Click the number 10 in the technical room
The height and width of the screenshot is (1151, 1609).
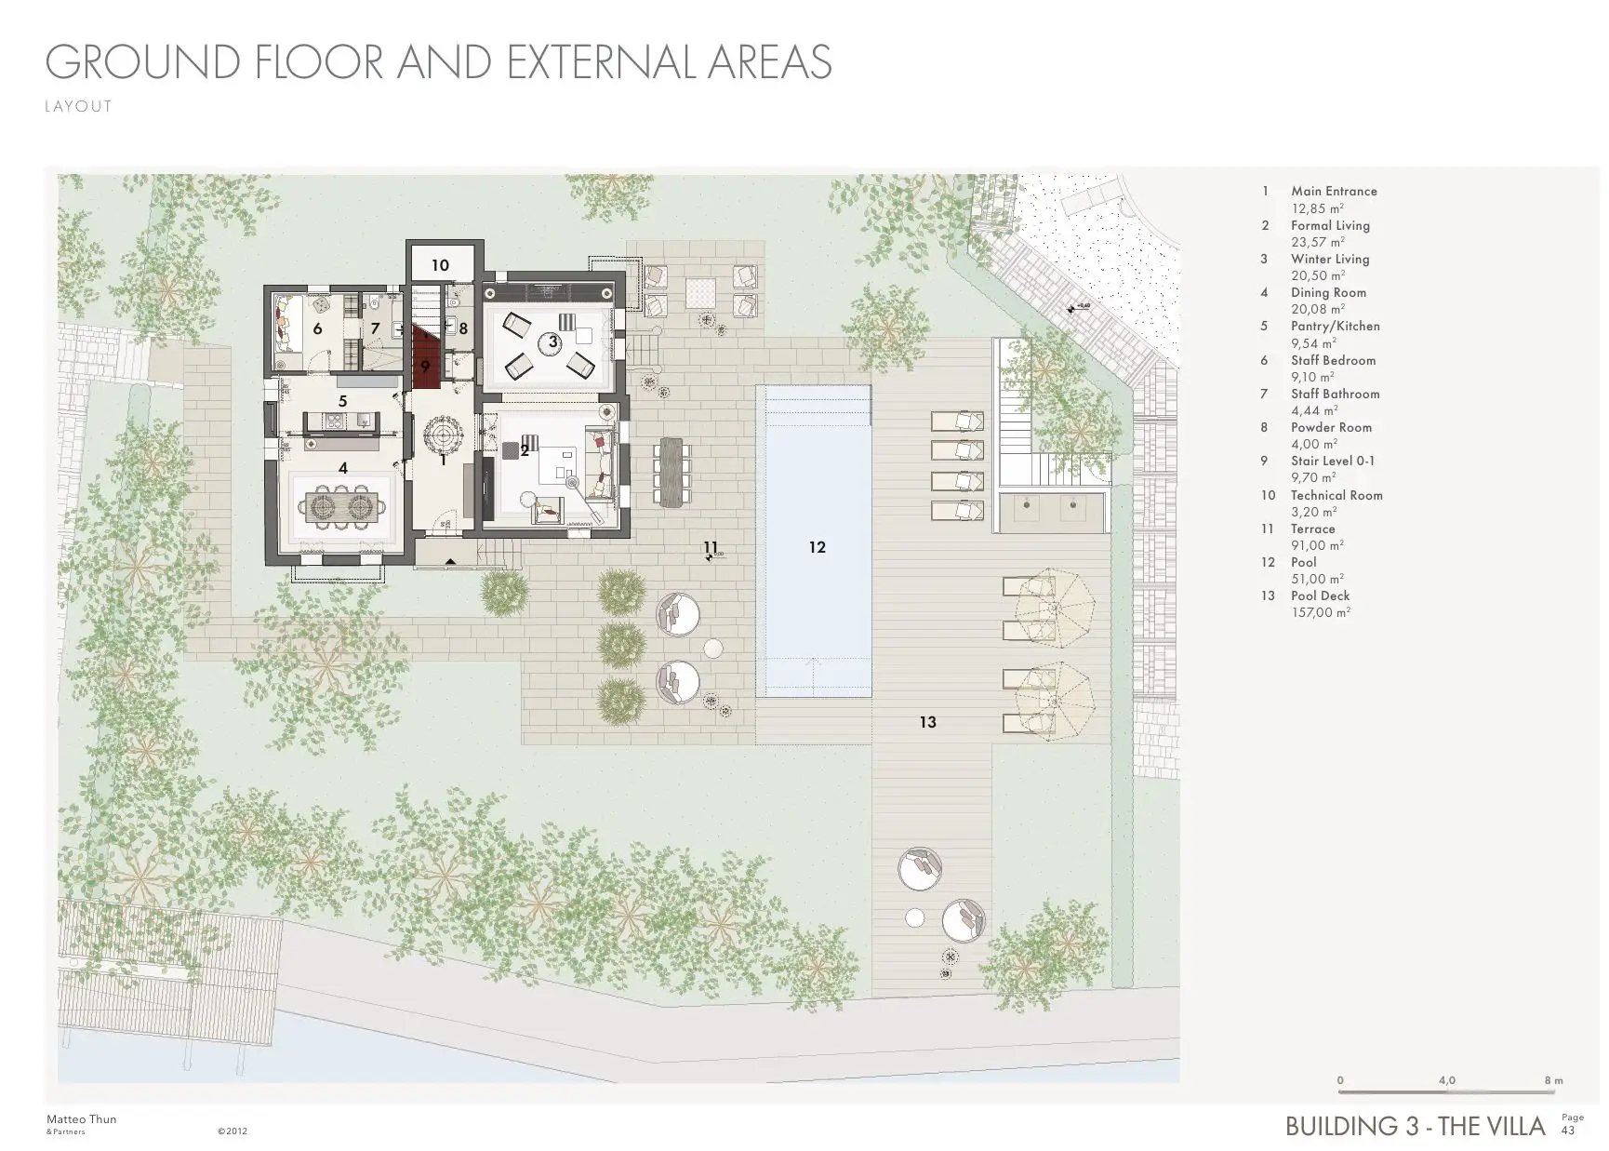440,265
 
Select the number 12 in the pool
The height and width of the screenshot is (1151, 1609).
817,547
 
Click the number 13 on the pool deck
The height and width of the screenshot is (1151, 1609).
927,722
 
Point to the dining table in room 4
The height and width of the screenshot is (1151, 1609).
343,506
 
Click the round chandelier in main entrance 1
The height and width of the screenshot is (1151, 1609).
444,435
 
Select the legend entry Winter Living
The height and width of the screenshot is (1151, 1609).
1329,259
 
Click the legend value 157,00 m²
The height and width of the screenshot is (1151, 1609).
1320,613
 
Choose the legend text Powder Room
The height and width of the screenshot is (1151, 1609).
1330,427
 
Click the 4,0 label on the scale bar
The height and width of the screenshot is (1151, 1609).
1446,1080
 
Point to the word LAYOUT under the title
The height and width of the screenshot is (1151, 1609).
78,106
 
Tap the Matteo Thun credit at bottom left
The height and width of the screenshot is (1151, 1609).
81,1119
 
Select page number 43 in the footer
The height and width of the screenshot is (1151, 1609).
1568,1131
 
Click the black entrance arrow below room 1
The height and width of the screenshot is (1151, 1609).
450,560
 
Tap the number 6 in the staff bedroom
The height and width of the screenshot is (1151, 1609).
317,328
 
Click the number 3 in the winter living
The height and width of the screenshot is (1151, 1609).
552,341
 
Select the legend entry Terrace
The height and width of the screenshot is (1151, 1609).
1312,529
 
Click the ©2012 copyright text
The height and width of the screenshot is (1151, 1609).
232,1131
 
